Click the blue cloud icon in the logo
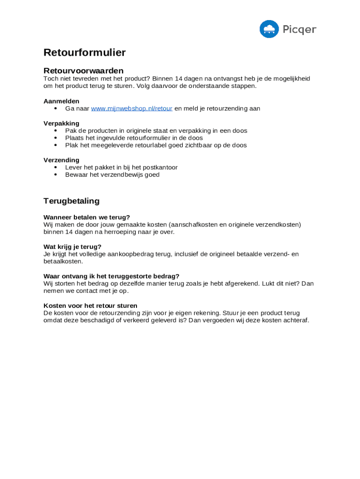tap(269, 29)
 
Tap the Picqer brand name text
tap(299, 29)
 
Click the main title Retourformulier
tap(85, 52)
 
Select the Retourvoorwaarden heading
tap(83, 71)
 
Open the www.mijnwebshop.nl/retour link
tap(131, 109)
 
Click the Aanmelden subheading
tap(61, 101)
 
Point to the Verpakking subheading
tap(61, 123)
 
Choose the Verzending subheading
tap(61, 160)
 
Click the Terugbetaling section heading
tap(72, 201)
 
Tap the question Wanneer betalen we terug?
tap(86, 217)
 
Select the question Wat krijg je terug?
tap(72, 247)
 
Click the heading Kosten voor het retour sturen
tap(90, 305)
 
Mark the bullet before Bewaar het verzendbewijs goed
tap(56, 175)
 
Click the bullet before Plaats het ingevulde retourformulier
tap(56, 138)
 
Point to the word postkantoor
tap(160, 167)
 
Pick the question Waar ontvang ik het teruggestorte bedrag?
tap(111, 276)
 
